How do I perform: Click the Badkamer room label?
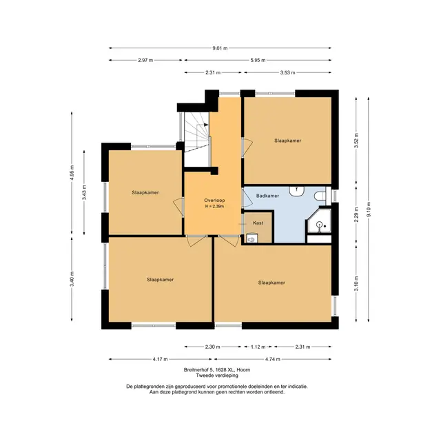(267, 196)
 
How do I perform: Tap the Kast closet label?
(258, 223)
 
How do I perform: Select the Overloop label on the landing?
(214, 201)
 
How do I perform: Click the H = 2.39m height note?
(214, 207)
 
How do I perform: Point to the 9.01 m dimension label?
(220, 48)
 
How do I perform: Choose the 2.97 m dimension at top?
(145, 60)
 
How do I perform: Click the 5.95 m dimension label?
(258, 60)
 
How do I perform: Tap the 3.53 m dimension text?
(288, 72)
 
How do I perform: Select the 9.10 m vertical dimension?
(369, 209)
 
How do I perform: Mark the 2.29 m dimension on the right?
(356, 214)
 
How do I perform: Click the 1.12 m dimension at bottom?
(258, 347)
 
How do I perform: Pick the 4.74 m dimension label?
(273, 359)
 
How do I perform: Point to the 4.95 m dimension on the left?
(72, 173)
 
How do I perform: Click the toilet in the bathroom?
(320, 196)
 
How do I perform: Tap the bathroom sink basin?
(296, 191)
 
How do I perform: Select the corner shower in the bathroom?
(318, 221)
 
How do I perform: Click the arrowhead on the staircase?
(206, 125)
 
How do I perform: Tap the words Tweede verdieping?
(217, 376)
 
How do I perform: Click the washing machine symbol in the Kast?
(252, 238)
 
